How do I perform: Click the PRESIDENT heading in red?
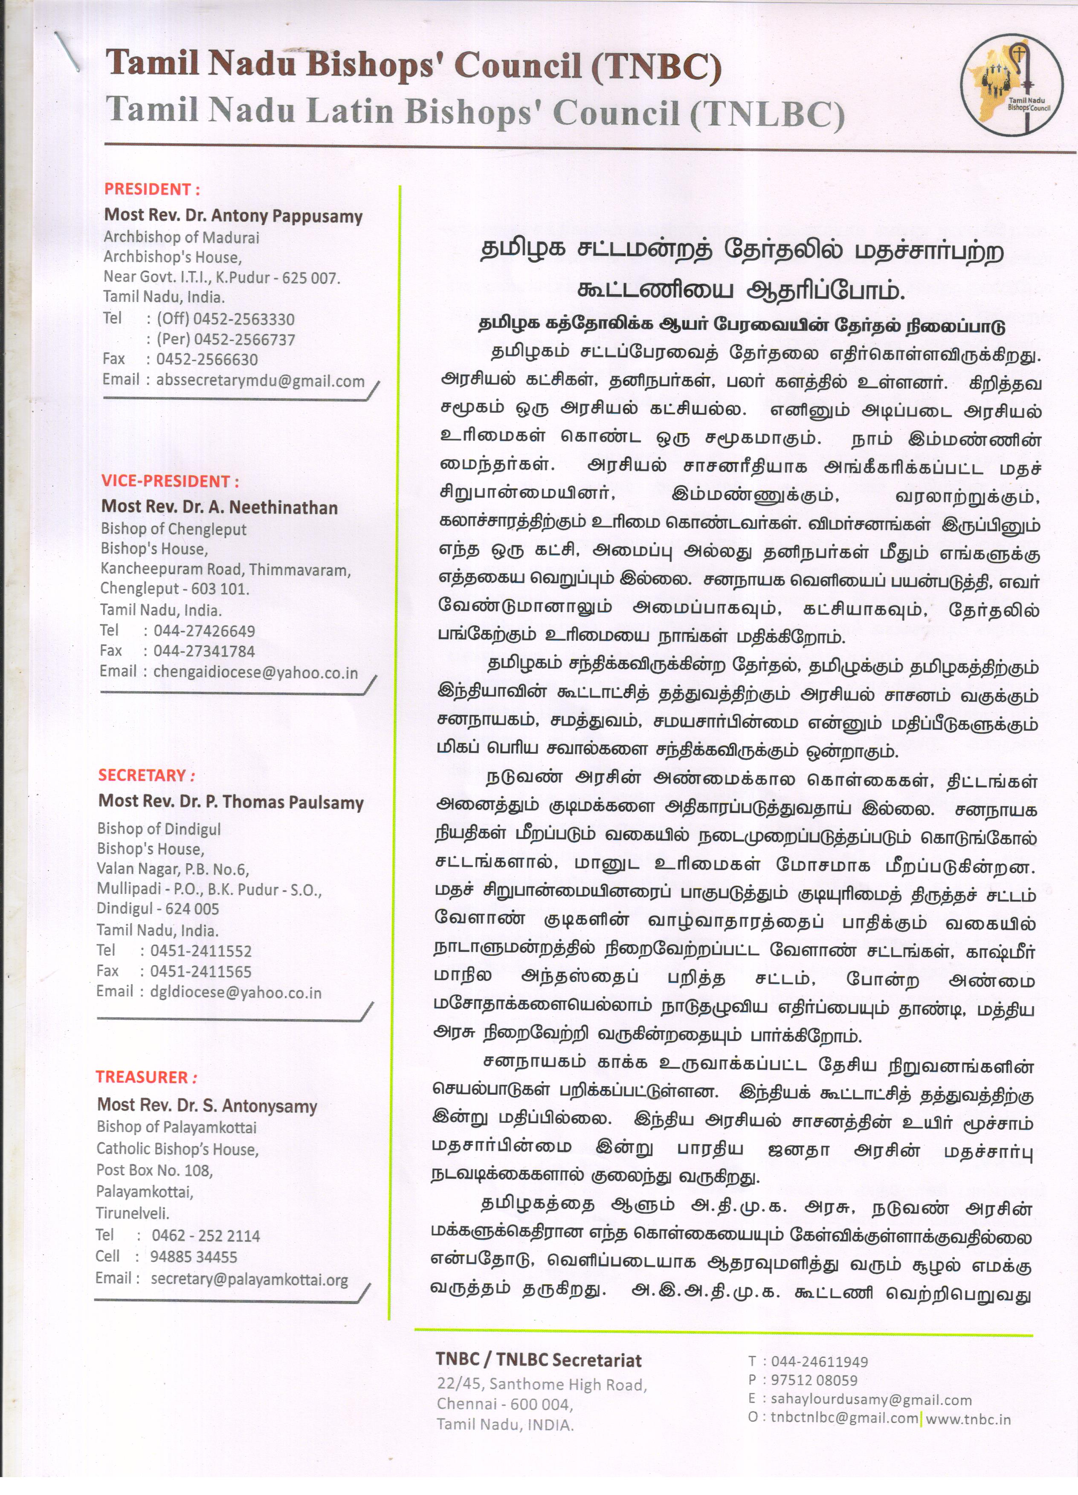tap(152, 189)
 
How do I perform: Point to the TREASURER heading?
tap(146, 1077)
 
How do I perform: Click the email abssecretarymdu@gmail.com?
tap(260, 381)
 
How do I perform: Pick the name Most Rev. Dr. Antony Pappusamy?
tap(233, 216)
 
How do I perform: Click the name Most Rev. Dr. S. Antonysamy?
tap(207, 1105)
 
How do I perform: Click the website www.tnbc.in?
tap(968, 1419)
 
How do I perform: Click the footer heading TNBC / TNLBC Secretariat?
tap(538, 1360)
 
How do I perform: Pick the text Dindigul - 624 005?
tap(158, 908)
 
